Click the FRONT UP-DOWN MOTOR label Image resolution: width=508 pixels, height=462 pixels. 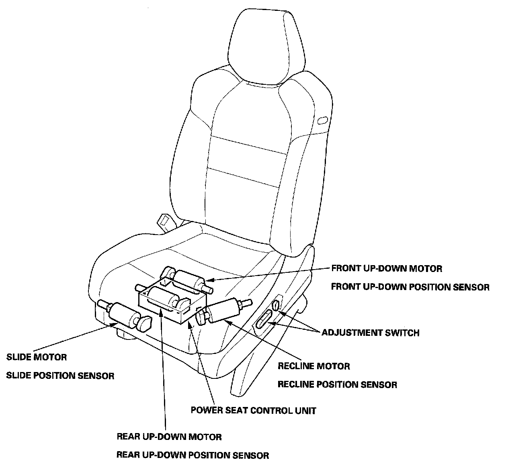point(386,268)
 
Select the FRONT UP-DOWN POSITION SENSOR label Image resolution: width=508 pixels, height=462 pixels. point(410,287)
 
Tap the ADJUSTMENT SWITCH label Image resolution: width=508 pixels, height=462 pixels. point(370,333)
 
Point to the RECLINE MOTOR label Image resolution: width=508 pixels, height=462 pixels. point(313,366)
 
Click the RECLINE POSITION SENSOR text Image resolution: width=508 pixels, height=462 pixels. point(337,384)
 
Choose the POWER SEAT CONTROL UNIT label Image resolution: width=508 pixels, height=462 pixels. point(253,410)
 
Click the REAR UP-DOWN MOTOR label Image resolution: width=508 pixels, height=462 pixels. point(169,436)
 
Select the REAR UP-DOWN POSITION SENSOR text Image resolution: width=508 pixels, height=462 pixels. point(193,455)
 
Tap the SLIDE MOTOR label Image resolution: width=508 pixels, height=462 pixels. point(37,357)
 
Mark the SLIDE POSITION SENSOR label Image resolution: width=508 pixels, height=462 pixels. point(60,376)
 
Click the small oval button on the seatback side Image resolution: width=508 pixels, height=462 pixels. point(322,120)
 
